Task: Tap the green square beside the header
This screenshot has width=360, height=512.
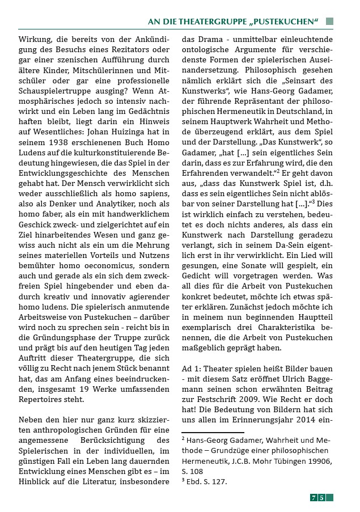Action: pyautogui.click(x=330, y=22)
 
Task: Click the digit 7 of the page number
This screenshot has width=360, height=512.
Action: pyautogui.click(x=314, y=497)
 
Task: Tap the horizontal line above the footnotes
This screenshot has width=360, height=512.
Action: pyautogui.click(x=212, y=433)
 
